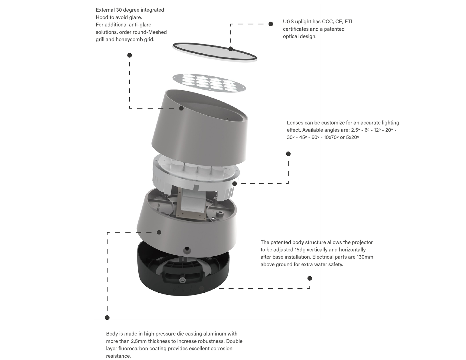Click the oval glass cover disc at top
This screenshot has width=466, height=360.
pyautogui.click(x=215, y=52)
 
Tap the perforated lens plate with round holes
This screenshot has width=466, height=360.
pyautogui.click(x=209, y=83)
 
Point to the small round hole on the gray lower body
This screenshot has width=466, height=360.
pyautogui.click(x=187, y=250)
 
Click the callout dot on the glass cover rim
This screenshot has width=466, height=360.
pyautogui.click(x=231, y=49)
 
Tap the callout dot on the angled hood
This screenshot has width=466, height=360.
pyautogui.click(x=181, y=108)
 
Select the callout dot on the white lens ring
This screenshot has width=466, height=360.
pyautogui.click(x=235, y=184)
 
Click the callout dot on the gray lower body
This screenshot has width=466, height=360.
pyautogui.click(x=159, y=232)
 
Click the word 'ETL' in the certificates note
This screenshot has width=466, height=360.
pyautogui.click(x=349, y=22)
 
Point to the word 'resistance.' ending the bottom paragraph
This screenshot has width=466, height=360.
pyautogui.click(x=118, y=356)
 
